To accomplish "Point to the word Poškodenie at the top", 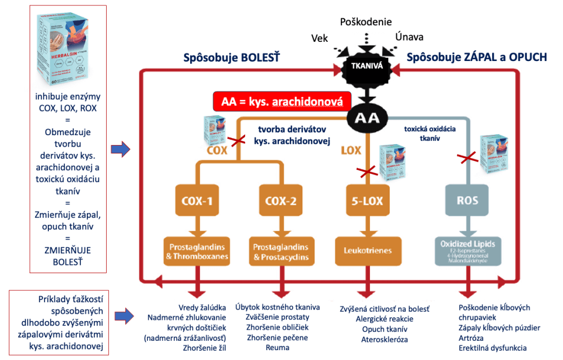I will pos(366,22).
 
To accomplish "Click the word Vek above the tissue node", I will pos(320,38).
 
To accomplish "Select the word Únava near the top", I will pos(409,37).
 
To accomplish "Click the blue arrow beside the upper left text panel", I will pos(120,148).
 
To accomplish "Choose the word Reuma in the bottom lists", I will pos(277,348).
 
